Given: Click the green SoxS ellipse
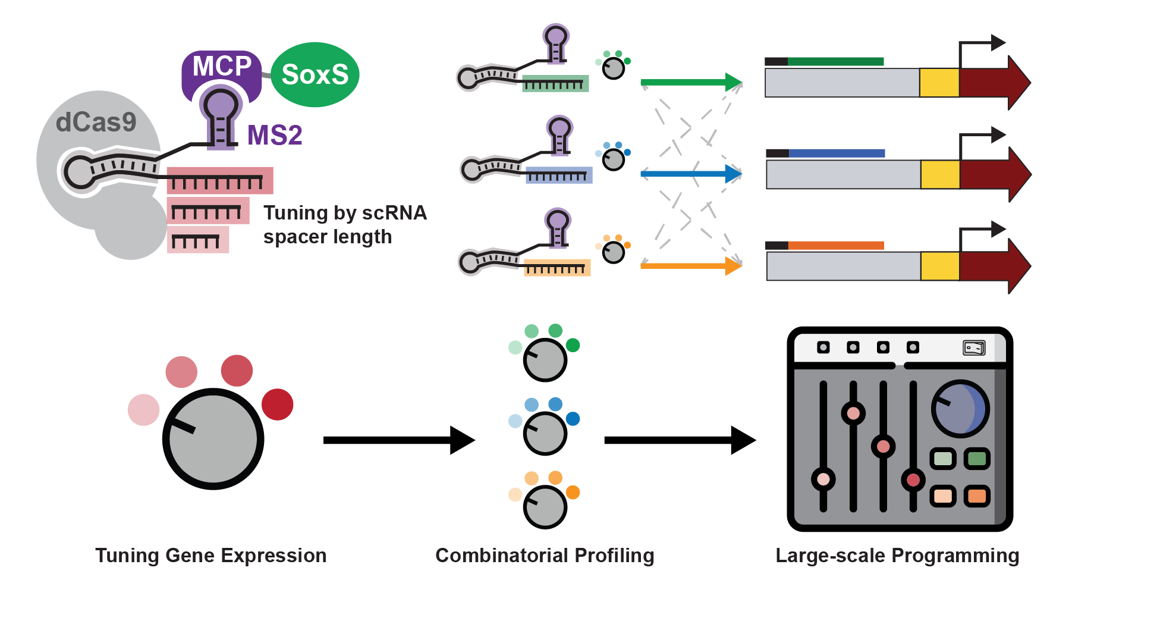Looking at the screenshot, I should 315,75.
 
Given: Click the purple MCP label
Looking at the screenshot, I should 222,67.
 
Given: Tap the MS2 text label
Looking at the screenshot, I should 275,136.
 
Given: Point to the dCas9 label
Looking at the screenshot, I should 96,123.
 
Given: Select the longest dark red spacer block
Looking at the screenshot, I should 219,180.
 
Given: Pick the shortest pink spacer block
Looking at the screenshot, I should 197,240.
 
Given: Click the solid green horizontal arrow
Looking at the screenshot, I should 690,82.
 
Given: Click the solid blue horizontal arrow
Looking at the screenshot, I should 690,174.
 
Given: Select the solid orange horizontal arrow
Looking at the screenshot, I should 690,265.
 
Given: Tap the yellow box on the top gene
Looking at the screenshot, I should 939,83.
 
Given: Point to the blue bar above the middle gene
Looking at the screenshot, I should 837,153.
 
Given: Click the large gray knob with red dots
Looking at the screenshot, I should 213,439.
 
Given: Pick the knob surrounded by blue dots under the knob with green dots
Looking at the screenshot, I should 545,433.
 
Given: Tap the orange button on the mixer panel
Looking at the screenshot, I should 977,496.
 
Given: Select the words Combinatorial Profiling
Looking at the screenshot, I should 545,556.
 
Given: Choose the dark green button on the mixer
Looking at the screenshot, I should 977,459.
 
